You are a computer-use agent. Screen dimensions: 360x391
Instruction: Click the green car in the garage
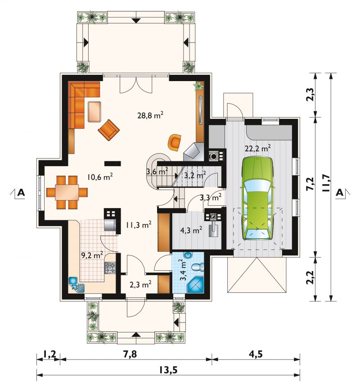(257, 199)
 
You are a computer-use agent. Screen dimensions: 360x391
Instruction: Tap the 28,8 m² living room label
(150, 115)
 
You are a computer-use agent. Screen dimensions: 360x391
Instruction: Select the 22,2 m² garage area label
(258, 149)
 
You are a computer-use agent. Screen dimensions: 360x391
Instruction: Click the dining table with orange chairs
(67, 192)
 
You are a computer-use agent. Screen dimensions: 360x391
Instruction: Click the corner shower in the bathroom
(196, 285)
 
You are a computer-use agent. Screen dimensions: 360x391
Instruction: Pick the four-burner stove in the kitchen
(110, 268)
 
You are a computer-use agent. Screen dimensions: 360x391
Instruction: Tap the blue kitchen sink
(77, 284)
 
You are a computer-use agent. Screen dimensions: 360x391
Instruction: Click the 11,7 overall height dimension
(326, 183)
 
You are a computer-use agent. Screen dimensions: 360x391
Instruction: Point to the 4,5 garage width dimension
(256, 354)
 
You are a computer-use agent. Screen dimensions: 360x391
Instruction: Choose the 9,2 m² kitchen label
(92, 255)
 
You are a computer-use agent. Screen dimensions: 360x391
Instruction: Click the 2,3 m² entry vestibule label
(140, 285)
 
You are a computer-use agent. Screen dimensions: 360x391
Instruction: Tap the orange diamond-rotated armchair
(109, 130)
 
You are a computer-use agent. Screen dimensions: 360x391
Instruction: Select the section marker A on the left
(21, 192)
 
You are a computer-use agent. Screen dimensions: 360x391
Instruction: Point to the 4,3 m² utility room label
(191, 230)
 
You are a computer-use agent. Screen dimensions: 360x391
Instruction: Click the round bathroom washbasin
(188, 255)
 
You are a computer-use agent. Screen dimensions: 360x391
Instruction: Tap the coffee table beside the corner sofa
(94, 111)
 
